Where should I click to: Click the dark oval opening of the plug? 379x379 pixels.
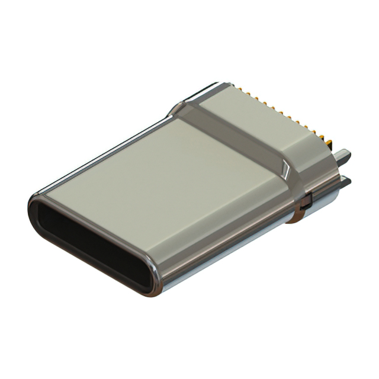(95, 243)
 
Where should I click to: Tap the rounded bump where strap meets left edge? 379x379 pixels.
(178, 110)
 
